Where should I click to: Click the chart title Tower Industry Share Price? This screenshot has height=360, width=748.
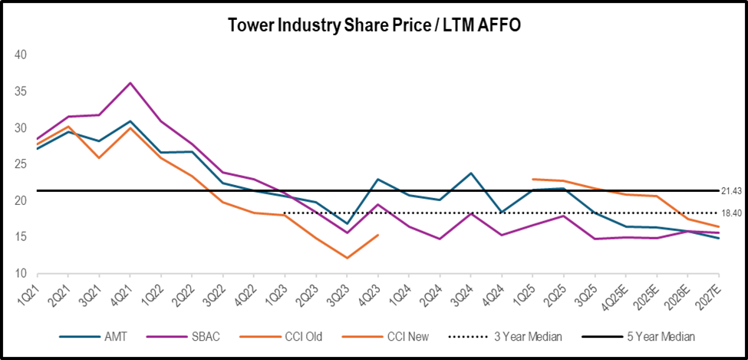coord(374,25)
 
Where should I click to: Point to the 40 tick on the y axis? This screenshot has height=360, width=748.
coord(21,55)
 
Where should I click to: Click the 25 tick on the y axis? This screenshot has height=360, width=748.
coord(21,164)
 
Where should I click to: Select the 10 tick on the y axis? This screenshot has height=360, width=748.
coord(21,274)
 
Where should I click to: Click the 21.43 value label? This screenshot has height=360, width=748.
coord(732,190)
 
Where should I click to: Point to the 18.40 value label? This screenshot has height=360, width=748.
coord(732,213)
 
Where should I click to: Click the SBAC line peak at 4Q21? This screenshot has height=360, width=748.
coord(130,83)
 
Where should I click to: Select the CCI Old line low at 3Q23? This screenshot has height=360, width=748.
coord(347,258)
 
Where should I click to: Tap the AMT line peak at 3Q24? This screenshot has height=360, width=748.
coord(470,173)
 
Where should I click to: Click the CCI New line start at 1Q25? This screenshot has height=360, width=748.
coord(532,179)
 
